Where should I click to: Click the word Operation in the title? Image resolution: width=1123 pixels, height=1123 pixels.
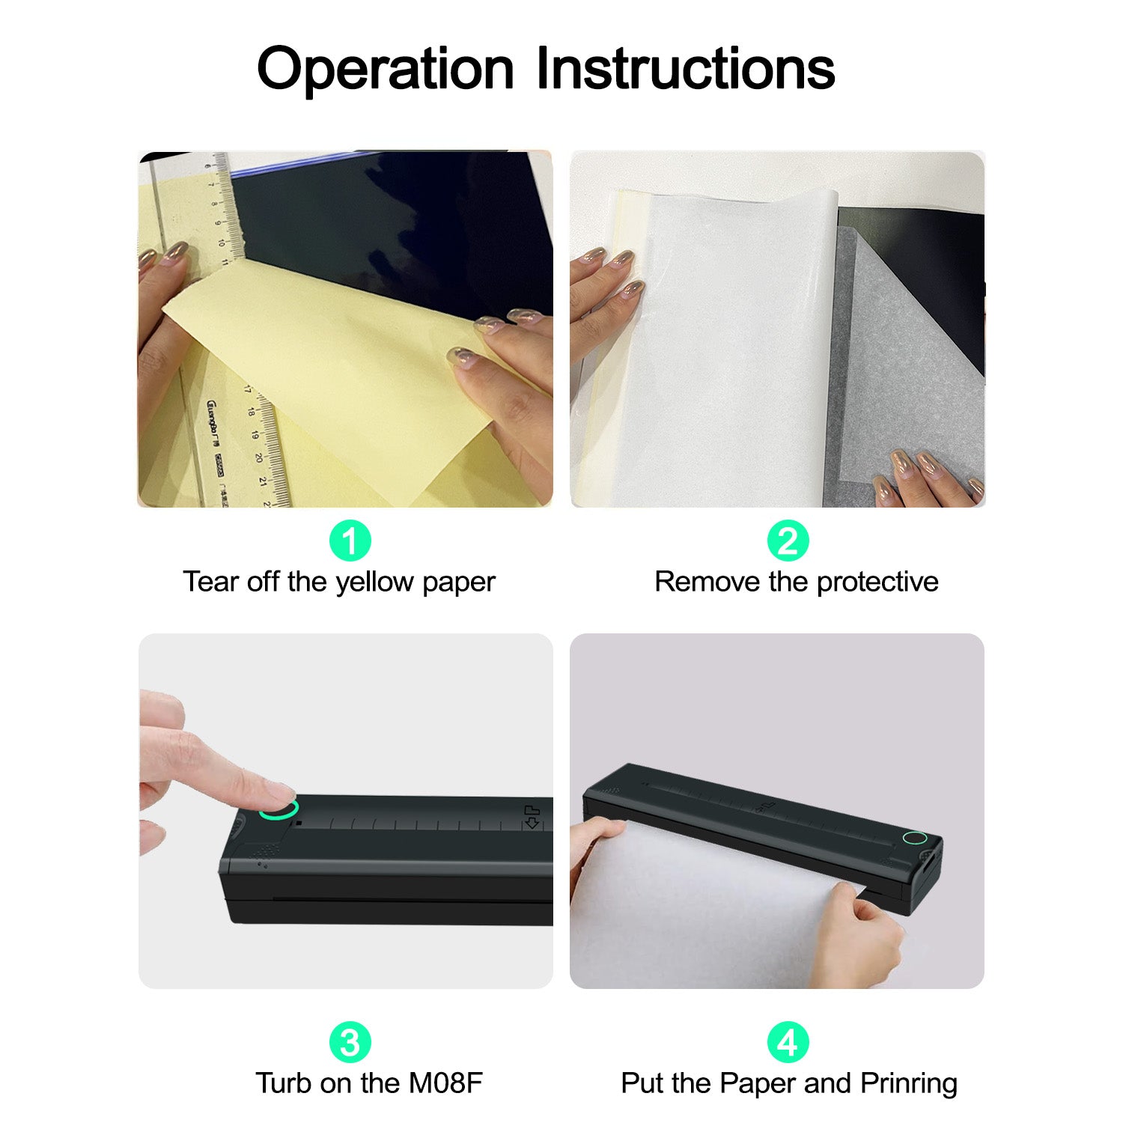tap(386, 69)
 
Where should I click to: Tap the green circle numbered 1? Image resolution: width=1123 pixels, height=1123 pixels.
tap(350, 541)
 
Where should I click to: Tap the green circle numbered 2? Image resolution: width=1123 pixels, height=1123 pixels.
tap(788, 541)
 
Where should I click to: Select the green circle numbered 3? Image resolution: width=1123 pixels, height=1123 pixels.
tap(350, 1042)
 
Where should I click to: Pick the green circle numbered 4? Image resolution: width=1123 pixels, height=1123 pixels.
tap(788, 1042)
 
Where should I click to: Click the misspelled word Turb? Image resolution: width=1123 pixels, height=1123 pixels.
tap(284, 1083)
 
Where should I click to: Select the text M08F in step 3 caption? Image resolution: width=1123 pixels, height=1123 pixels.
tap(445, 1083)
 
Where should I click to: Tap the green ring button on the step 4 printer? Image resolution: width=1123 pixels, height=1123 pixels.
tap(915, 837)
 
